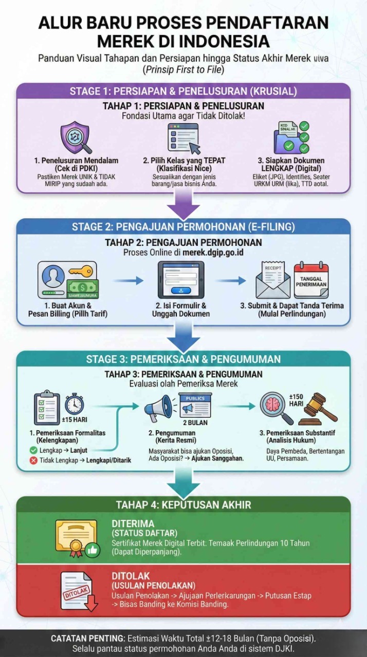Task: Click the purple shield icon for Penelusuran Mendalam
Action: pos(75,138)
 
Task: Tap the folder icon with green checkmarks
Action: pos(291,138)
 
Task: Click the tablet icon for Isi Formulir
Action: pos(180,280)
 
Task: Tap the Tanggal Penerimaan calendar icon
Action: pos(311,280)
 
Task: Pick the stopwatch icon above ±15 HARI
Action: pos(75,403)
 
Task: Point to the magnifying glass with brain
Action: pos(277,408)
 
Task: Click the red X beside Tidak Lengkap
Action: pos(33,460)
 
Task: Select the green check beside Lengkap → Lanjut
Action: pos(33,450)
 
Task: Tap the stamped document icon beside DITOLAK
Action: pos(78,592)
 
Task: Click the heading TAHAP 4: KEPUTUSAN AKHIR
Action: pos(183,505)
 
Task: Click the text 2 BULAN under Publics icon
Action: pos(195,422)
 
